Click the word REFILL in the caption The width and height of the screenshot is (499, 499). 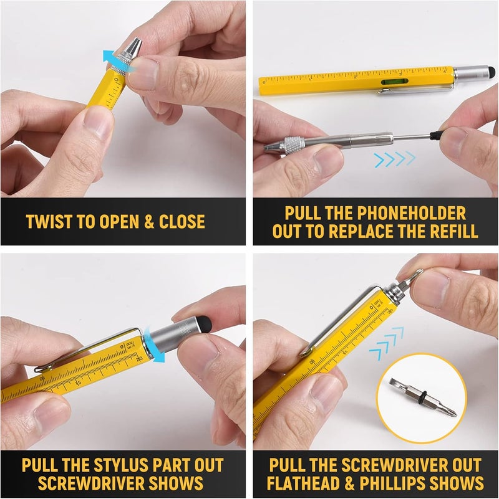(x=449, y=232)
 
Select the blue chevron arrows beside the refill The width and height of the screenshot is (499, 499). (x=394, y=159)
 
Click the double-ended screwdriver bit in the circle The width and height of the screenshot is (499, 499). (x=424, y=401)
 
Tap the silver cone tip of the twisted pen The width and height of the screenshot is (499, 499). (x=134, y=45)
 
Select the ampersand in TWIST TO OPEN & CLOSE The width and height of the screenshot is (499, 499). (x=149, y=222)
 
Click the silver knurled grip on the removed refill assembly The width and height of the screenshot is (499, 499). (x=291, y=146)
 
